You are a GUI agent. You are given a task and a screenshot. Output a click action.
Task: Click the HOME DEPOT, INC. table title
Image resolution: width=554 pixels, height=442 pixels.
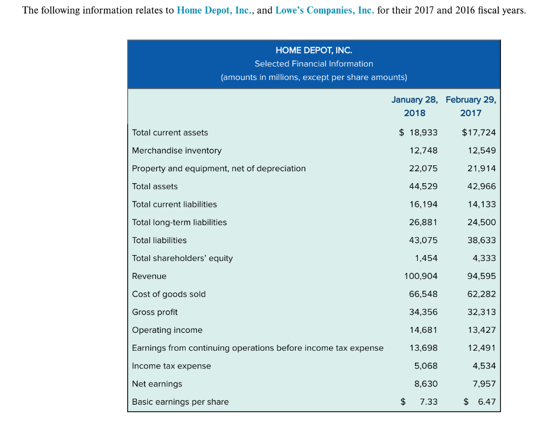pos(314,50)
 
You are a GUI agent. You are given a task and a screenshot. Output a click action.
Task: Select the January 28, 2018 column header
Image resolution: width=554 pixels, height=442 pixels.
pos(414,106)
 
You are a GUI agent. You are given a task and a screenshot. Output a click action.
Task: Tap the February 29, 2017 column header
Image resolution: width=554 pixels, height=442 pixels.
pos(471,106)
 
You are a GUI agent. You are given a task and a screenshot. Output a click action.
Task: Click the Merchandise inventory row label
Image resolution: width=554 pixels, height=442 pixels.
pos(177,151)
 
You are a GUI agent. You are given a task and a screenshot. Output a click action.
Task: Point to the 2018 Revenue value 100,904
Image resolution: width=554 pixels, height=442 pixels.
pos(421,276)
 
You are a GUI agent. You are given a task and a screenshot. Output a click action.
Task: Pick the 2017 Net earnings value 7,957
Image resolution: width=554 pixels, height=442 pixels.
pos(484,384)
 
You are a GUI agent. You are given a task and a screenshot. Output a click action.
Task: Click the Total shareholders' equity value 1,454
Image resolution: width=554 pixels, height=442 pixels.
pos(426,258)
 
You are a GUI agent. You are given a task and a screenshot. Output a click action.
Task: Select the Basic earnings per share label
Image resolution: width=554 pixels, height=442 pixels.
pos(180,402)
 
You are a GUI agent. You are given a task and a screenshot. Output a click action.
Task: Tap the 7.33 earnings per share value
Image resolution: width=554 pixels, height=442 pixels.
pos(428,402)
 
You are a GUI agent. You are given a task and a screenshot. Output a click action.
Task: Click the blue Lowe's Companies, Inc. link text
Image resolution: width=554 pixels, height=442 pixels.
pos(325,10)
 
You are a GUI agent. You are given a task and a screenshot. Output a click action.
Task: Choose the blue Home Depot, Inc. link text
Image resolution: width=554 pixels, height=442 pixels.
pos(214,10)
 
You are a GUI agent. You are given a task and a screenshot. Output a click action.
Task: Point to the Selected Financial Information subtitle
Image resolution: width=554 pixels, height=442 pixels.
pos(314,64)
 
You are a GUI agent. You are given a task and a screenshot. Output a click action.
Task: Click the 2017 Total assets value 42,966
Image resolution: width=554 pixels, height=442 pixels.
pos(482,186)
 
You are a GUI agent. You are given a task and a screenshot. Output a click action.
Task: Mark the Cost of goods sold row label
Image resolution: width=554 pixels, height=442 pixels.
pos(169,294)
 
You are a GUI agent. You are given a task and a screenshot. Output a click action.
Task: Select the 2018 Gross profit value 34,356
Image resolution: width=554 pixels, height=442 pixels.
pos(423,312)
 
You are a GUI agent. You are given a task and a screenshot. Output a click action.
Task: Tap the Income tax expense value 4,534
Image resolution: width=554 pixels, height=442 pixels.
pos(484,366)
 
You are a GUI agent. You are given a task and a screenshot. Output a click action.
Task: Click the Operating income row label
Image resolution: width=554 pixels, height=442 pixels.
pos(167,330)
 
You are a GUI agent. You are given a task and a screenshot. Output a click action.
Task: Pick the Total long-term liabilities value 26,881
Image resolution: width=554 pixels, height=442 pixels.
pos(423,222)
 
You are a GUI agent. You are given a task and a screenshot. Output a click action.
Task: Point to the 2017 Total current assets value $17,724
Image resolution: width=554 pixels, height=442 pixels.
pos(479,132)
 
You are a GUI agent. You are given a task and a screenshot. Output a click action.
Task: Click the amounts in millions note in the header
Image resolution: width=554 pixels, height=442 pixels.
pos(314,77)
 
